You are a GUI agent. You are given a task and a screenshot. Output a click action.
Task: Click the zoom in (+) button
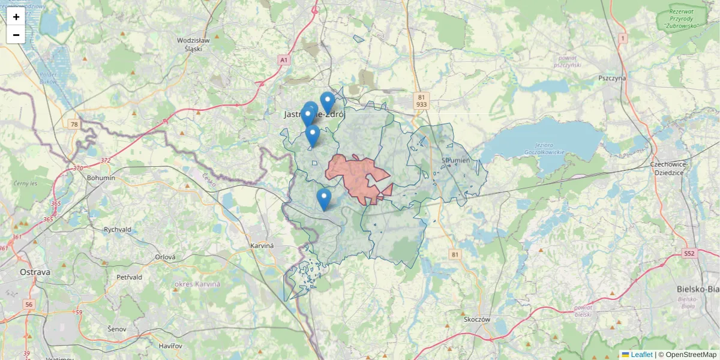16,17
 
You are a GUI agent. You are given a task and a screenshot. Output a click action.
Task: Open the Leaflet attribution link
641,355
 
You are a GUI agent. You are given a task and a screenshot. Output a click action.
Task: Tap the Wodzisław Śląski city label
193,44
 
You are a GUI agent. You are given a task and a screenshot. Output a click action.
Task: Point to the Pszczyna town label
612,78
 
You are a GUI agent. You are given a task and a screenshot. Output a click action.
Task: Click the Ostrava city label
35,272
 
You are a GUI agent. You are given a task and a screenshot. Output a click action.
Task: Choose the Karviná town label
262,246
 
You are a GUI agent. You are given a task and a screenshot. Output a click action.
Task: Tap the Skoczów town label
477,319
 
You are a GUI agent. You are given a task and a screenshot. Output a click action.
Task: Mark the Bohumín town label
101,178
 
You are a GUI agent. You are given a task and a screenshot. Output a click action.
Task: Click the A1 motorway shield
284,60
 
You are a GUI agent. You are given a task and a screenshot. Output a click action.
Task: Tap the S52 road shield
689,254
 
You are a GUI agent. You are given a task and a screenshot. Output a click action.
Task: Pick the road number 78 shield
74,124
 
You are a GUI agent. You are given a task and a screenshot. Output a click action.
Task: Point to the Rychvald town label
118,229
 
